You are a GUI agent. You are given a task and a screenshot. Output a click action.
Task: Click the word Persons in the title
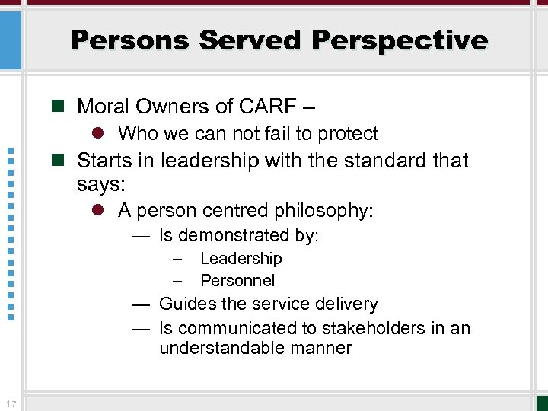click(x=129, y=40)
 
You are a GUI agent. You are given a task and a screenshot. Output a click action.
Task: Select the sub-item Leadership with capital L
click(x=241, y=259)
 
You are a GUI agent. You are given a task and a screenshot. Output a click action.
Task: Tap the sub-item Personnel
click(x=237, y=280)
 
